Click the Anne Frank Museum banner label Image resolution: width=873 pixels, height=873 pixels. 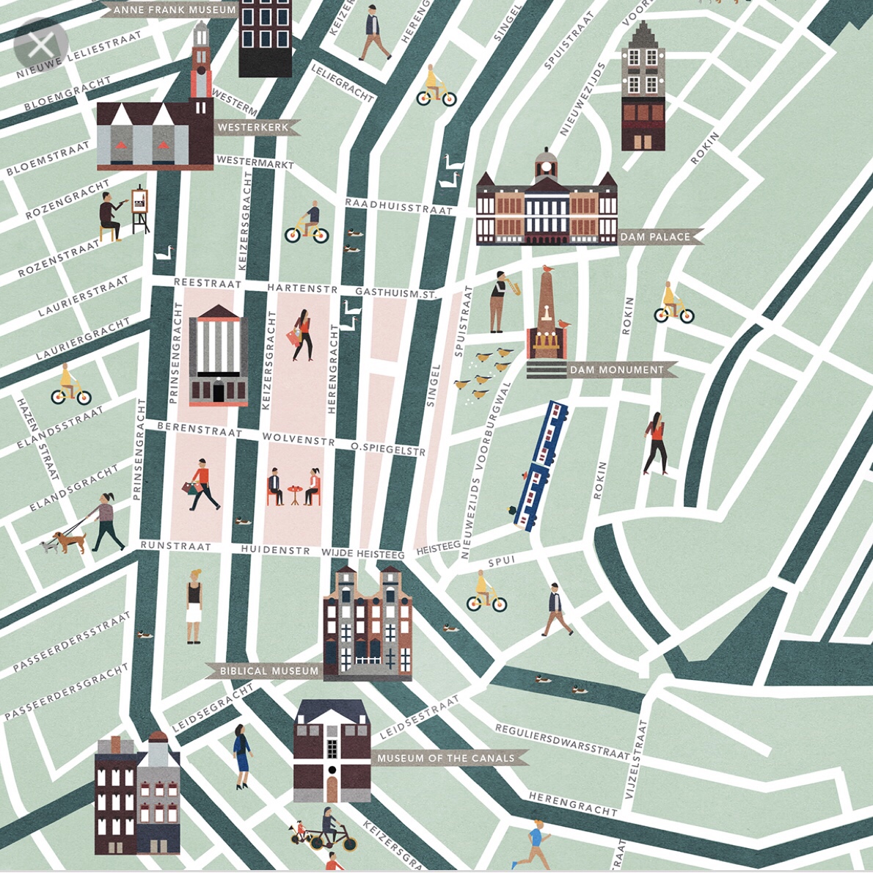coord(174,10)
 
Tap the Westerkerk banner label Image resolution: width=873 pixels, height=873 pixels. coord(254,127)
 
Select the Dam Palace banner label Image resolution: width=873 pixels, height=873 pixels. coord(655,237)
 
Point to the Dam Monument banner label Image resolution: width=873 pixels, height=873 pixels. coord(616,370)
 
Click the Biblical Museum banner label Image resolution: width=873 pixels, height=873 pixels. coord(269,671)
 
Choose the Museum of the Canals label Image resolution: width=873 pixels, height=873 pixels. coord(446,758)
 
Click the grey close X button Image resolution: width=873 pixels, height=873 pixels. coord(41,45)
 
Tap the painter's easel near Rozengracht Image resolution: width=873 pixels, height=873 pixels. coord(139,210)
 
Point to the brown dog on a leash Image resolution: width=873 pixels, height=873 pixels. coord(70,541)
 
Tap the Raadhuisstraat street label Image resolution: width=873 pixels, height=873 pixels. coord(399,207)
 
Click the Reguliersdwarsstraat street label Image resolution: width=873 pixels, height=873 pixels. coord(562,741)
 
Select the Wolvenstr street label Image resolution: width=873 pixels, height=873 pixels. coord(298,439)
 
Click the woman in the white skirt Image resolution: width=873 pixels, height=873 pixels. coord(194,606)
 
